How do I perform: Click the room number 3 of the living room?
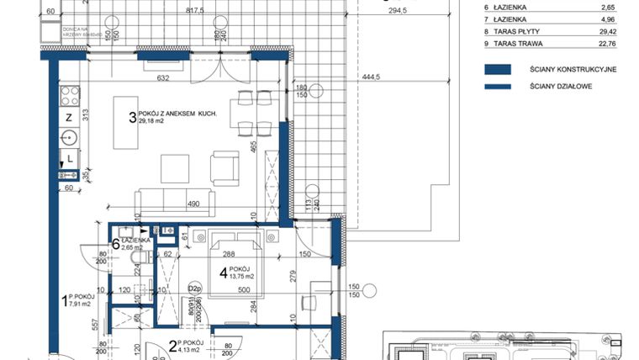tap(132, 119)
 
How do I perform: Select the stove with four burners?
tap(69, 91)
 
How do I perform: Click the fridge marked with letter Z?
tap(69, 117)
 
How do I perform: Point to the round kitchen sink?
tap(70, 137)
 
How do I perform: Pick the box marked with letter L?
tap(70, 157)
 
